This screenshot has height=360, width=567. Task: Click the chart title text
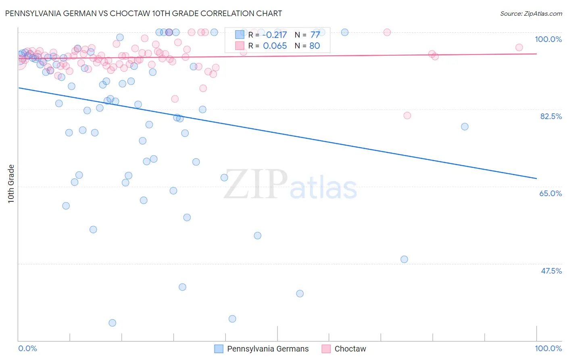coord(144,13)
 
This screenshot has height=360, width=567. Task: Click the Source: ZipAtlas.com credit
coord(531,13)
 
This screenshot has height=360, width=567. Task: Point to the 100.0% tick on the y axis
coord(548,39)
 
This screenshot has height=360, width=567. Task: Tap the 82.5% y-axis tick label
coord(551,116)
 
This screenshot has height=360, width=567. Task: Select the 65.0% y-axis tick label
coord(550,193)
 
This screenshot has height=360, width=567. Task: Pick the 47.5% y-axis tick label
coord(551,271)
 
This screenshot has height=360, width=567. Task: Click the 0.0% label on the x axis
coord(27,348)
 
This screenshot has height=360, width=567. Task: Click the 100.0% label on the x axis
coord(548,348)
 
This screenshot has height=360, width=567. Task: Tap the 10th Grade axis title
coord(11,184)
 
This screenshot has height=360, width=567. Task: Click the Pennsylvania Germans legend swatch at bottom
coord(219,349)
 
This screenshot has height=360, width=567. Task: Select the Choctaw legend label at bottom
coord(350,349)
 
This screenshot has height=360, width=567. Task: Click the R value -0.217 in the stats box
coord(274,35)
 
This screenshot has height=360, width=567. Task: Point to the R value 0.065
coord(275,46)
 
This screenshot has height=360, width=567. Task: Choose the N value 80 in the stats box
coord(315,46)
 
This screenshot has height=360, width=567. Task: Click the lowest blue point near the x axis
coord(113,323)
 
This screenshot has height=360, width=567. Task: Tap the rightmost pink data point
coord(519,48)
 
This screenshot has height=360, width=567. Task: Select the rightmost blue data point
coord(465,127)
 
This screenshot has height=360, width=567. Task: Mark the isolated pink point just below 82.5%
coord(407,115)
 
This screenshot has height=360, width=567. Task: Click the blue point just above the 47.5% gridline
coord(404,260)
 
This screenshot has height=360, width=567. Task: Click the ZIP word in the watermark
coord(256,184)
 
